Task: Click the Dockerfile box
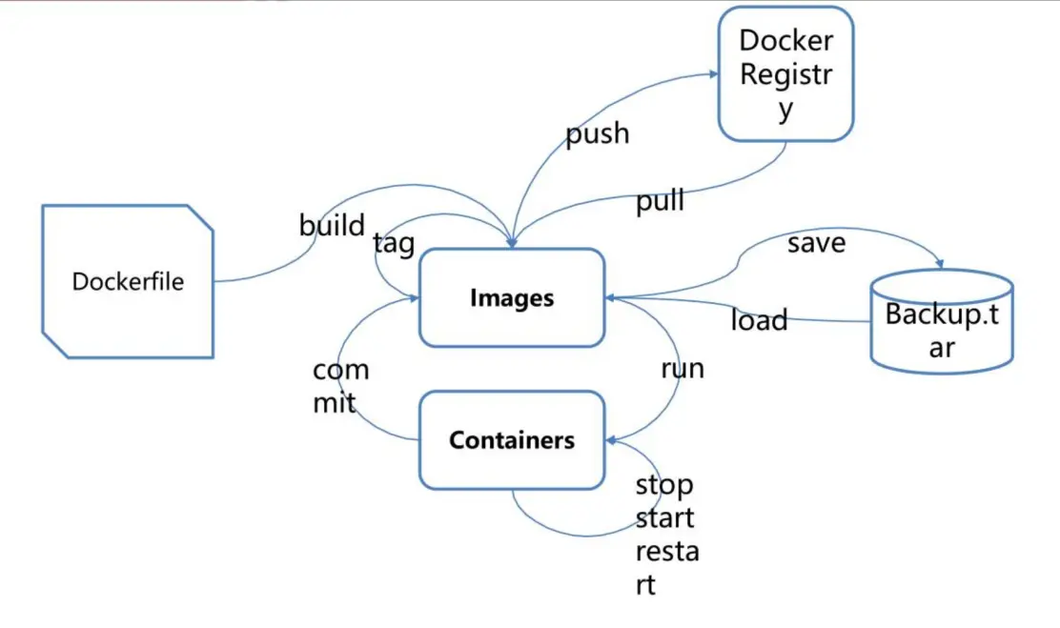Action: pos(127,282)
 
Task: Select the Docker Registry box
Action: pos(785,74)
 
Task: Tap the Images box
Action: pos(512,298)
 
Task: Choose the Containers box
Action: pos(512,440)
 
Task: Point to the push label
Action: pos(598,133)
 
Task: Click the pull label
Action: pos(661,202)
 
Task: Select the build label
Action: pos(332,226)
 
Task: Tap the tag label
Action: pos(394,244)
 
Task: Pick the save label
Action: pos(816,243)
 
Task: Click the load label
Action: pos(759,320)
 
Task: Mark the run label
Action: pos(683,369)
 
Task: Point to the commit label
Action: pos(339,386)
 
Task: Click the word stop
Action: pos(664,486)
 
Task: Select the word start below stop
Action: pos(664,519)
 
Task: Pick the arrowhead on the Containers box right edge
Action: pos(611,440)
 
